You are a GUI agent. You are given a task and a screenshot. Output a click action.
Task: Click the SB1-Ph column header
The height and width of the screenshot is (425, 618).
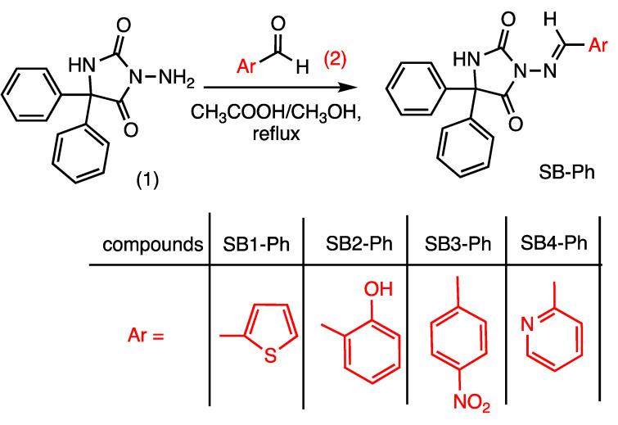(x=255, y=243)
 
